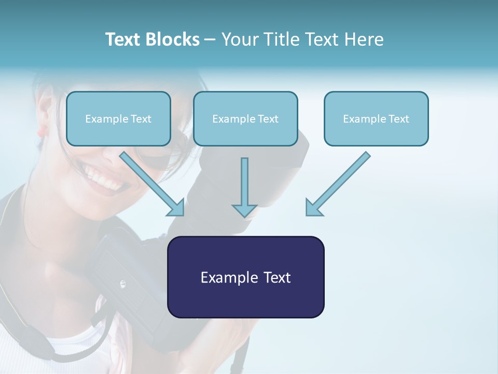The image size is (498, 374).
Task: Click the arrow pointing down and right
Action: tap(153, 184)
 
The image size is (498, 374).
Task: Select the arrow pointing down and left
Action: tap(337, 184)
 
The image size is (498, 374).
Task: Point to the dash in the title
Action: tap(210, 40)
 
